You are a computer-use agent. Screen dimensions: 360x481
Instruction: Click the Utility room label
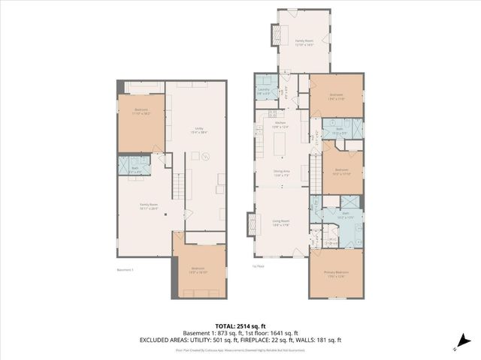[198, 130]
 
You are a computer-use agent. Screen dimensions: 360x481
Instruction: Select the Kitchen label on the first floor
[280, 124]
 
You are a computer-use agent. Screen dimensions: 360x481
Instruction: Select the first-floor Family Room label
[304, 42]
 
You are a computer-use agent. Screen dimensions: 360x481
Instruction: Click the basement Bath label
[135, 169]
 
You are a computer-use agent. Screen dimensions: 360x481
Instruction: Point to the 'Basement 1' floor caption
[126, 270]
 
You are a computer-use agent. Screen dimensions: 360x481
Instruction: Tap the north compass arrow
[455, 347]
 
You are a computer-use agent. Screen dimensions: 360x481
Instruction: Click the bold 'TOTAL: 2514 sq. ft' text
[240, 325]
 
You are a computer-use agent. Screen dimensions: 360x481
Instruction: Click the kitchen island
[282, 142]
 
